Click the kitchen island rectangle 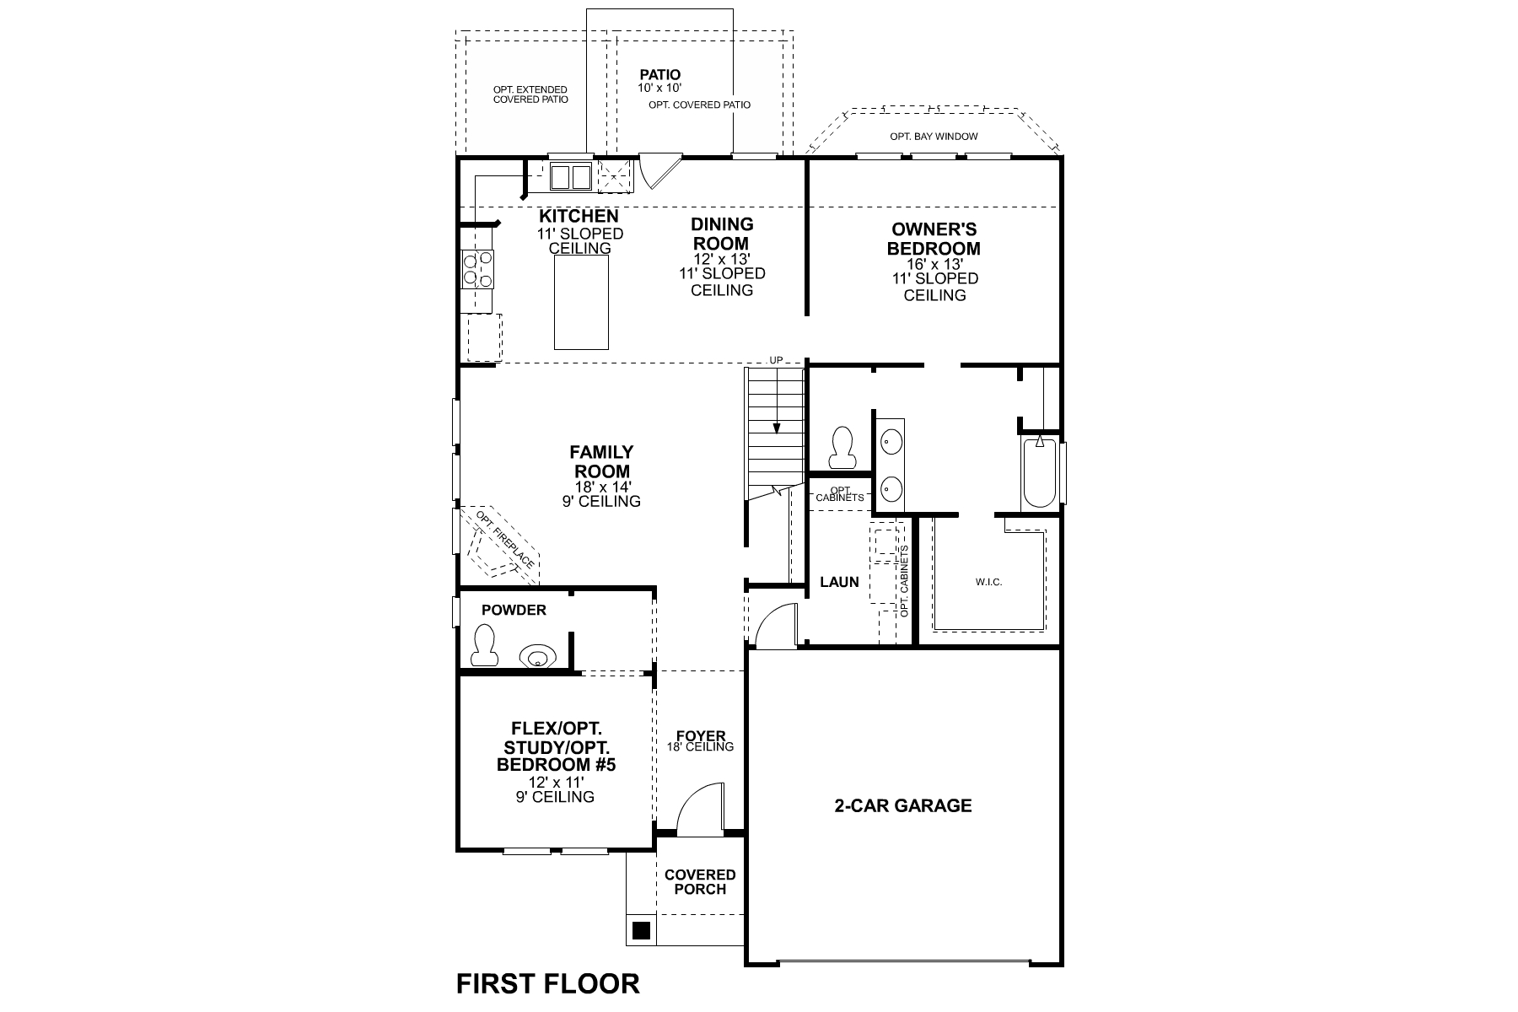tap(581, 302)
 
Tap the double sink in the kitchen tap(571, 177)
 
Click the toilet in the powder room tap(482, 645)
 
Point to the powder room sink tap(536, 656)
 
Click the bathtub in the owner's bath tap(1040, 471)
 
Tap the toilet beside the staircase tap(842, 448)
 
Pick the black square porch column tap(641, 930)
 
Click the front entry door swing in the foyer tap(702, 810)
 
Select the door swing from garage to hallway tap(774, 627)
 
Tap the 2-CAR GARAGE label tap(903, 806)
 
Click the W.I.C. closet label tap(988, 582)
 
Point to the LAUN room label tap(839, 582)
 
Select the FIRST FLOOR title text tap(548, 983)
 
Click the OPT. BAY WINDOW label tap(934, 137)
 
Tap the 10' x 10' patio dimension tap(659, 88)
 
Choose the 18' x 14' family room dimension tap(601, 487)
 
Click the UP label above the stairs tap(776, 361)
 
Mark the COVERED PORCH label tap(700, 882)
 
